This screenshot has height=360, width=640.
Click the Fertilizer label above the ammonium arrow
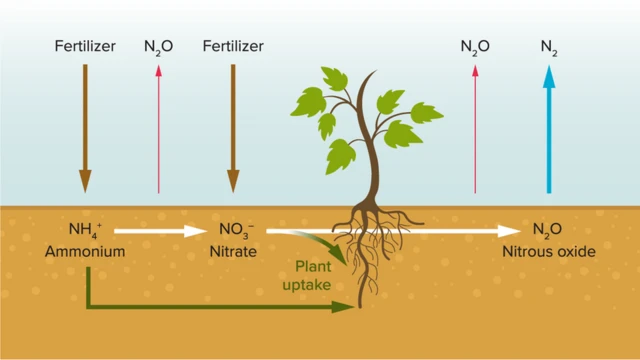85,45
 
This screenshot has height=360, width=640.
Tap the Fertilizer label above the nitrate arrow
232,45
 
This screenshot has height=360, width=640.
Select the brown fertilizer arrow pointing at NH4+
85,125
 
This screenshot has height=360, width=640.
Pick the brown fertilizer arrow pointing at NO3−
233,125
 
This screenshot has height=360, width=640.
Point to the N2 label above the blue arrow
548,46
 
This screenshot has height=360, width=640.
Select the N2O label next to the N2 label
474,46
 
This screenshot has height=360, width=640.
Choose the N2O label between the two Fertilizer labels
159,46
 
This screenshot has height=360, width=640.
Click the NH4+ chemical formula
85,232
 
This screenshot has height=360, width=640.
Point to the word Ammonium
85,252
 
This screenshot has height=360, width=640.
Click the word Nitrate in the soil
232,252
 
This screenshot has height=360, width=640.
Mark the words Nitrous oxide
548,252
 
